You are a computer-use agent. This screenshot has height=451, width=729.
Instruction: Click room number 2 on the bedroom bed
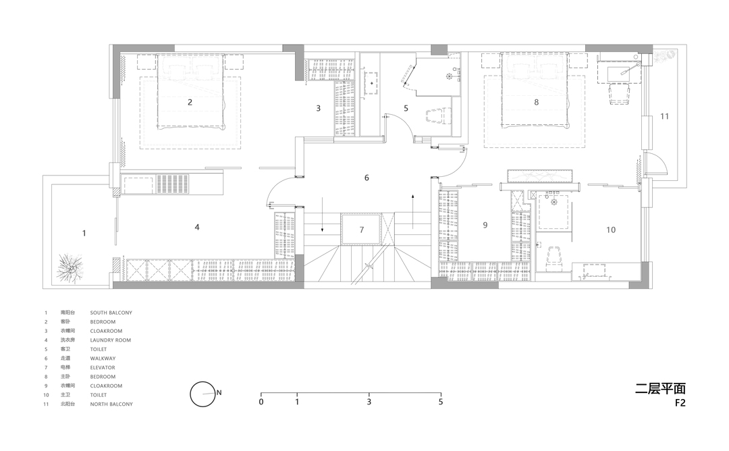pos(190,103)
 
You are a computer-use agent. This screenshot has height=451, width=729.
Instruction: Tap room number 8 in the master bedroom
pos(536,103)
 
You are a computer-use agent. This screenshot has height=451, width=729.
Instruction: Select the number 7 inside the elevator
pos(362,230)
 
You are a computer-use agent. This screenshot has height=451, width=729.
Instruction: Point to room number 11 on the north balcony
pos(664,116)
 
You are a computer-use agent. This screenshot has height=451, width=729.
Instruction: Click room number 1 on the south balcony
pos(84,233)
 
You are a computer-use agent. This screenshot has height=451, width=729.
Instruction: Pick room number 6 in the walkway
pos(367,178)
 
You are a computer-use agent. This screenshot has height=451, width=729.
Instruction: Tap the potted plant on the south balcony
pos(70,268)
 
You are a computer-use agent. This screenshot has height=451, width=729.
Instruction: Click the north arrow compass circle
pos(202,394)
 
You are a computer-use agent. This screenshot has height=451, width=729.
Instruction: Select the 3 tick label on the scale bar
pos(369,402)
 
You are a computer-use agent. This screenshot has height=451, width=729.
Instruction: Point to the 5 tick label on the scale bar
pos(441,402)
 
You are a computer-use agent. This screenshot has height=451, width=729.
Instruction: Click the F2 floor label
pos(680,402)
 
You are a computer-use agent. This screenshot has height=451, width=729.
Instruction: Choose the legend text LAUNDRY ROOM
pos(111,340)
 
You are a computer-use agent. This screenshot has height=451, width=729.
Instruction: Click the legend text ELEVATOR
pos(103,367)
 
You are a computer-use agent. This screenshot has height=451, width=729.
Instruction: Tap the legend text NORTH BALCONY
pos(111,404)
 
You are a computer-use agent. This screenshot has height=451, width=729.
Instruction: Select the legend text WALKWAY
pos(103,359)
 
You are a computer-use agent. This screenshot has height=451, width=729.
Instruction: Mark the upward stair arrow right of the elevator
pos(413,211)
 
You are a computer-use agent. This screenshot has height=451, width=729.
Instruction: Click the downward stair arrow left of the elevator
pos(322,215)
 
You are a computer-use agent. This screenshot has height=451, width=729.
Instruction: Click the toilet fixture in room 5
pos(437,115)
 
